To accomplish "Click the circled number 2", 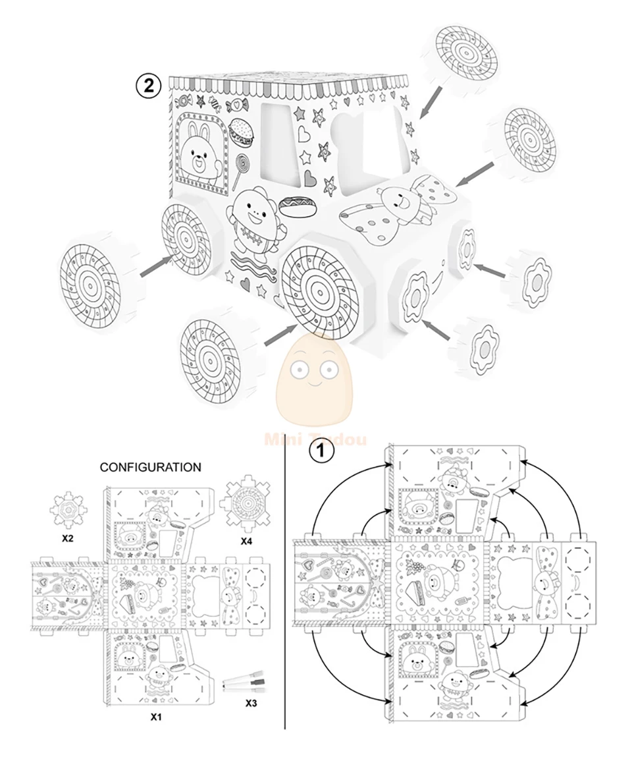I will (148, 84).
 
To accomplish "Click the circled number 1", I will (322, 451).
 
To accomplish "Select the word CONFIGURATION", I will (150, 467).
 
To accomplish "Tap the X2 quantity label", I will (68, 538).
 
